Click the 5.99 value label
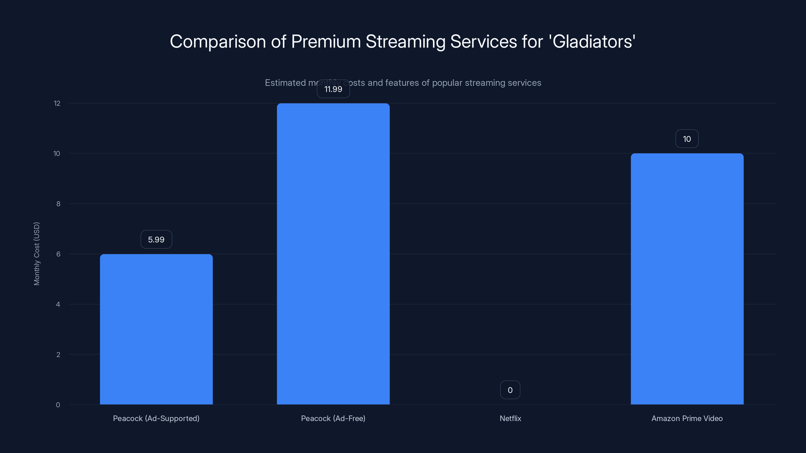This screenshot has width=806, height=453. coord(156,240)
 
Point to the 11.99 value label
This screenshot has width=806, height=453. coord(333,89)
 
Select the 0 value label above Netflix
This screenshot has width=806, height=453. coord(510,390)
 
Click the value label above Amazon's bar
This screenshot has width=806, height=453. coord(687,139)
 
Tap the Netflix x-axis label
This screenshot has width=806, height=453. coord(510,418)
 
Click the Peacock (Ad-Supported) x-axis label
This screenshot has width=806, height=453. coord(156,418)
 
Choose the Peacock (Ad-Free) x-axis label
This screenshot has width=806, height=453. coord(333,418)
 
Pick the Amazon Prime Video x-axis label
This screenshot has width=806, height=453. coord(687,418)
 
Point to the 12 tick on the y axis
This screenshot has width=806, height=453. coord(57,103)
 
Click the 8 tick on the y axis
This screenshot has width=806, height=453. coord(58,204)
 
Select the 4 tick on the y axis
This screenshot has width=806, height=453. coord(58,304)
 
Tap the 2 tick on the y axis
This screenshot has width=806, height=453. coord(58,355)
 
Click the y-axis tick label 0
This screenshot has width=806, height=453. coord(58,405)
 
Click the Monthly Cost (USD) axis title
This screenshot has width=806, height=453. coord(37,253)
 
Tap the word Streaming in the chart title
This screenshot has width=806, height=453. coord(406,41)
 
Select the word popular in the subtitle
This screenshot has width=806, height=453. coord(447,83)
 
